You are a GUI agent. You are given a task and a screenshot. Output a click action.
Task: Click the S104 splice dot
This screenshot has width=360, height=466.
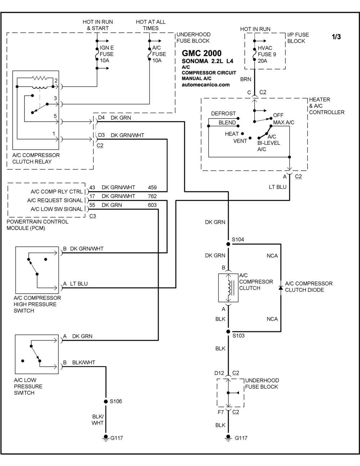[x=228, y=244]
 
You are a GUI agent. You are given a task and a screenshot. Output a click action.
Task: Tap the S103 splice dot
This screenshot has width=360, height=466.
[x=228, y=332]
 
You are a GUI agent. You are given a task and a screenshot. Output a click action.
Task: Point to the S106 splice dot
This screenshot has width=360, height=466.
[x=105, y=402]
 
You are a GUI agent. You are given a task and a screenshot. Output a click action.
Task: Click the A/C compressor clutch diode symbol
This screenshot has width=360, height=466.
[x=281, y=288]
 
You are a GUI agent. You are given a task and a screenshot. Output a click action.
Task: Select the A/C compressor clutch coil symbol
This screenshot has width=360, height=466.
[x=229, y=288]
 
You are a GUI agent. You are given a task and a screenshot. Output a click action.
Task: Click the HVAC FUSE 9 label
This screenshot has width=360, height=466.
[x=267, y=51]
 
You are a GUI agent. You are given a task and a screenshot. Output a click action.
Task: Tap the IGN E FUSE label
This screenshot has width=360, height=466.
[x=107, y=51]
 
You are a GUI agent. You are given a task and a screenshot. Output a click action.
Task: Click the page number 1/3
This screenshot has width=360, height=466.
[x=336, y=37]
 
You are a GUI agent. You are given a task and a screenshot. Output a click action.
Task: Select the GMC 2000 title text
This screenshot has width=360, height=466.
[x=202, y=53]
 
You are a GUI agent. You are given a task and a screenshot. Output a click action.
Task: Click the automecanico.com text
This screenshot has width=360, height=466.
[x=206, y=85]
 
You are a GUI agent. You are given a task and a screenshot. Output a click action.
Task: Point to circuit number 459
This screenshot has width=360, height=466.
[x=152, y=187]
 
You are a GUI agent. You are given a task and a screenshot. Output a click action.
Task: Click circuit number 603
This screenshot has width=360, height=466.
[x=152, y=205]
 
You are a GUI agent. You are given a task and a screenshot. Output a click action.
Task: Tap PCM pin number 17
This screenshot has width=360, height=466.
[x=92, y=196]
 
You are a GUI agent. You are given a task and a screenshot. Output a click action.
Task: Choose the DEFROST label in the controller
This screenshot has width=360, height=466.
[x=223, y=113]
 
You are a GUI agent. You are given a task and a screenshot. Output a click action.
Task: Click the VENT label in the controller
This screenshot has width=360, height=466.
[x=240, y=141]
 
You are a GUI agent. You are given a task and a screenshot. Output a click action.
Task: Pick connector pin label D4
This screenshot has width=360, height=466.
[x=101, y=117]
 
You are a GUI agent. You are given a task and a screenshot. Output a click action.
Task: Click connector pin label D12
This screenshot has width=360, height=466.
[x=219, y=373]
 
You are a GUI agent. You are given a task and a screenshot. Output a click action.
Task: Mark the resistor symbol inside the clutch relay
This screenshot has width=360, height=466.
[x=40, y=78]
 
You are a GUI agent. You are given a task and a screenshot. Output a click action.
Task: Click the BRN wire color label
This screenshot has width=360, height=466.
[x=246, y=79]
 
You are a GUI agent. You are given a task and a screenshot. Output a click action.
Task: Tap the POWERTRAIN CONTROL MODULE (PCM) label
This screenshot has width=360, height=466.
[x=37, y=225]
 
